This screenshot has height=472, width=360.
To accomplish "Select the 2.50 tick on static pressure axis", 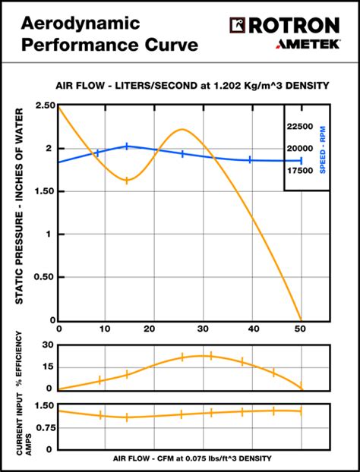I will click(x=44, y=105).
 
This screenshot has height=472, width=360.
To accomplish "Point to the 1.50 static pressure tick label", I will click(x=44, y=191).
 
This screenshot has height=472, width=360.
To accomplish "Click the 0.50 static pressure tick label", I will click(x=44, y=277).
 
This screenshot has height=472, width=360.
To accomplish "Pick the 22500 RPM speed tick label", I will click(x=301, y=125).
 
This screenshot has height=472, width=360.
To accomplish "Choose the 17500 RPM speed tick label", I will click(x=301, y=171).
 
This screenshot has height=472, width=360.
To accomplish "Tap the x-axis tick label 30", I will click(x=203, y=329).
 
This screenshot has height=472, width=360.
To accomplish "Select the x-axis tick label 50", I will click(x=300, y=329).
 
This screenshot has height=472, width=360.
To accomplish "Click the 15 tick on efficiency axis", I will click(x=47, y=367).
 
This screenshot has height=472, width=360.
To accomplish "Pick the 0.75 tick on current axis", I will click(x=43, y=426).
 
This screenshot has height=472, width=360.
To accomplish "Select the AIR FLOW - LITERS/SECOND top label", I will click(x=192, y=85).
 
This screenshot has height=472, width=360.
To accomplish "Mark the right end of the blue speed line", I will click(x=302, y=161).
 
